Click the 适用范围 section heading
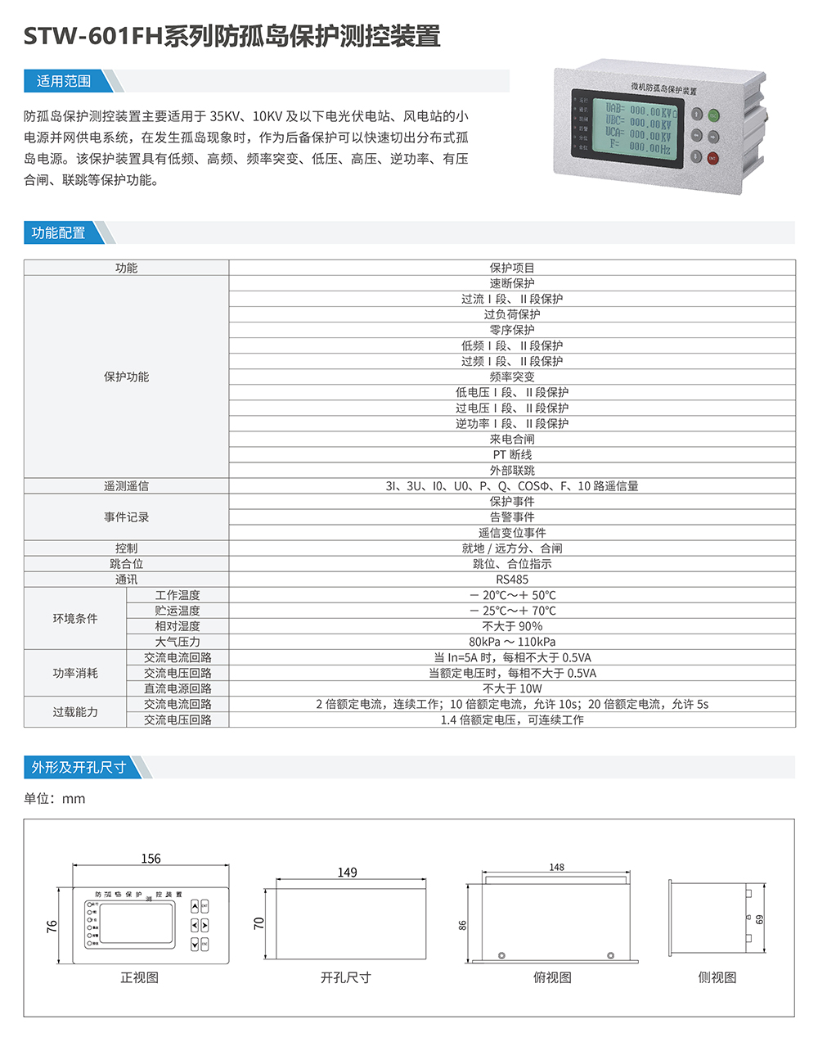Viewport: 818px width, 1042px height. click(x=64, y=81)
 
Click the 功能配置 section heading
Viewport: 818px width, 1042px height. click(x=59, y=233)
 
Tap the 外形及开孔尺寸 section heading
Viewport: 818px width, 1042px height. click(x=79, y=768)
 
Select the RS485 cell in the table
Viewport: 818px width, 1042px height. click(x=512, y=580)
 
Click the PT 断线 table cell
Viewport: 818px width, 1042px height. click(x=512, y=455)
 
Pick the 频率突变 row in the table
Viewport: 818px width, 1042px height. click(x=512, y=377)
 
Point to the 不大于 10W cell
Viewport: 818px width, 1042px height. click(x=512, y=689)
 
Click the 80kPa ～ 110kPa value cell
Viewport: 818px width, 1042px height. click(x=512, y=643)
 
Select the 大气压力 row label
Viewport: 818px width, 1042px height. click(x=178, y=643)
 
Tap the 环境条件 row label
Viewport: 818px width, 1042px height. click(x=75, y=619)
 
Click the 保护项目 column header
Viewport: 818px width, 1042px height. click(x=512, y=268)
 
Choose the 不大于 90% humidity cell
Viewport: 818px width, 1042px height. click(x=512, y=627)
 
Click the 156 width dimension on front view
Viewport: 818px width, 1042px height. click(x=151, y=859)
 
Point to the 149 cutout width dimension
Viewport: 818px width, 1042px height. click(x=348, y=873)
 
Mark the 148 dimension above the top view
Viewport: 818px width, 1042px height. click(x=556, y=867)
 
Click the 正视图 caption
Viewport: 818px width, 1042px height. click(x=140, y=977)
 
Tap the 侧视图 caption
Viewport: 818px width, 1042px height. click(x=717, y=977)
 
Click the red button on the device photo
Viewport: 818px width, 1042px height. click(x=712, y=158)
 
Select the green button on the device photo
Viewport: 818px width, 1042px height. click(x=713, y=115)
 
